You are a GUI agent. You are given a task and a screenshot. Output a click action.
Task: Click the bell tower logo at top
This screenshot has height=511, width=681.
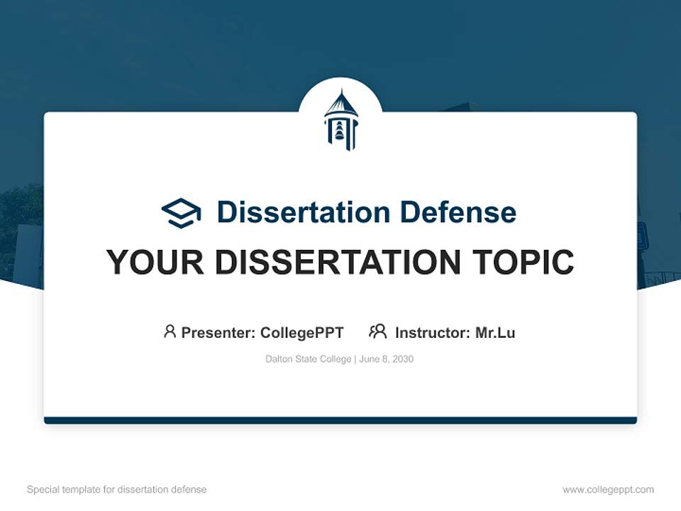pos(340,121)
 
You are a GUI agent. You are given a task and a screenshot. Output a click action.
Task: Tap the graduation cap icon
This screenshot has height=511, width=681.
pos(181,213)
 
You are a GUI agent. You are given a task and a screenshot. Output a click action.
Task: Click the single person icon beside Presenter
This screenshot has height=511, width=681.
pos(170,331)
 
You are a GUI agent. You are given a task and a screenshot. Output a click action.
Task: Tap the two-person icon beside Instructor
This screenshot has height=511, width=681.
pos(377,331)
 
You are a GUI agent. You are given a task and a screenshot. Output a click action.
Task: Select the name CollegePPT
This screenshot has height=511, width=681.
pos(302,333)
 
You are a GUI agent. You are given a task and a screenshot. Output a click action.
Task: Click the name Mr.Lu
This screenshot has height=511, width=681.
pos(495,333)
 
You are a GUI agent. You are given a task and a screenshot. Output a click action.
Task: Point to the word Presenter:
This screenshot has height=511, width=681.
pos(218,333)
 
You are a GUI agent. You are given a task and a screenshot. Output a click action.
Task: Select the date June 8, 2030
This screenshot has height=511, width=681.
pos(387,359)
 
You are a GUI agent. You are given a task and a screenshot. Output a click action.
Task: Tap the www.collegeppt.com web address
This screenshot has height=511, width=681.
pos(608,490)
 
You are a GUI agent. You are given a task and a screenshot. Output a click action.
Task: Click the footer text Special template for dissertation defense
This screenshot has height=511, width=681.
pos(117,490)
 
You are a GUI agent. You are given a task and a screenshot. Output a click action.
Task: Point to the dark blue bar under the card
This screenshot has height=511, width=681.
pos(340,420)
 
